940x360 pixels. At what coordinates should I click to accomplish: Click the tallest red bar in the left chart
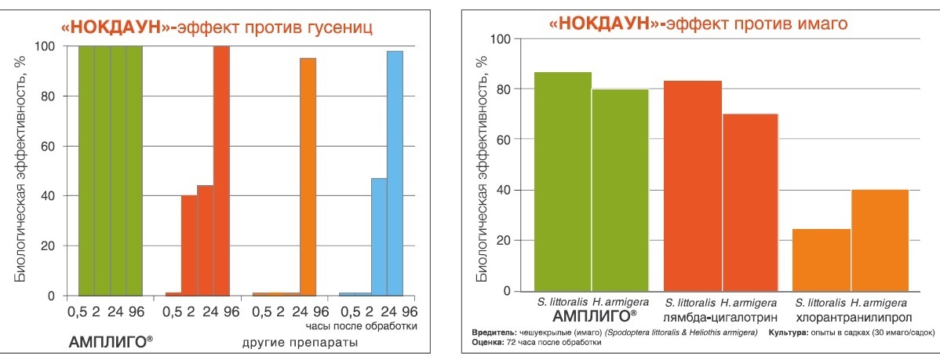pos(221,171)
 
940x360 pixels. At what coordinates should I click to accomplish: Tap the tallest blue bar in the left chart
pos(395,173)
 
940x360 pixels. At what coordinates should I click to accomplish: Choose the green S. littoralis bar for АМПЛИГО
pos(563,181)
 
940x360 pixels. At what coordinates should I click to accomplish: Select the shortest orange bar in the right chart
pos(822,260)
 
